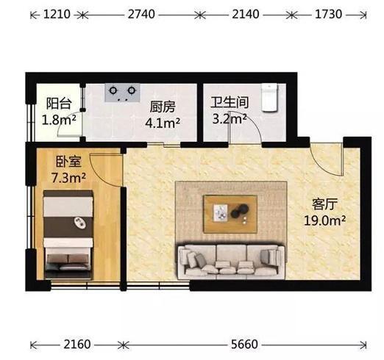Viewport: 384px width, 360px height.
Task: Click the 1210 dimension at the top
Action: point(57,14)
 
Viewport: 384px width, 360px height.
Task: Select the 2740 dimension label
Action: point(141,14)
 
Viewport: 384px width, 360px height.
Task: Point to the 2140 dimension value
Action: point(246,14)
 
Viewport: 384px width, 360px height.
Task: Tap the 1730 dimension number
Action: point(328,14)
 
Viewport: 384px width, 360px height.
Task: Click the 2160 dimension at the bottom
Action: point(77,344)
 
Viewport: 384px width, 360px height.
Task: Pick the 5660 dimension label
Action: point(244,344)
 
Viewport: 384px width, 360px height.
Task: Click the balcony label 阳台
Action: point(59,104)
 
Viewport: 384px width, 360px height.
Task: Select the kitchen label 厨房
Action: point(163,107)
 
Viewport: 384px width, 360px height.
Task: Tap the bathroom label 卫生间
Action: point(230,102)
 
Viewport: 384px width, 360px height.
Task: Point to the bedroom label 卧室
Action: point(68,162)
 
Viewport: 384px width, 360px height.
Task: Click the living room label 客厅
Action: point(324,204)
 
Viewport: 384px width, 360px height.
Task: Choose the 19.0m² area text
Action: point(324,220)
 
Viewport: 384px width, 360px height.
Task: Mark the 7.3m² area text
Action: point(68,178)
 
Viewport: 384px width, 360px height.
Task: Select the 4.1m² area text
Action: point(163,123)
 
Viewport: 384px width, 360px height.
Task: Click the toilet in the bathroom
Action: point(270,98)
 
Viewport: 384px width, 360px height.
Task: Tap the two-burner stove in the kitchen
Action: point(122,93)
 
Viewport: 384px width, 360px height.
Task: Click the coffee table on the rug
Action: point(230,214)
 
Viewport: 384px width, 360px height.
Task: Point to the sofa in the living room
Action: point(231,262)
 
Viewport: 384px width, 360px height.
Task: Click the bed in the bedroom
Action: point(68,234)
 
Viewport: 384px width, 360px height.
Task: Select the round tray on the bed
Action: point(80,223)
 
